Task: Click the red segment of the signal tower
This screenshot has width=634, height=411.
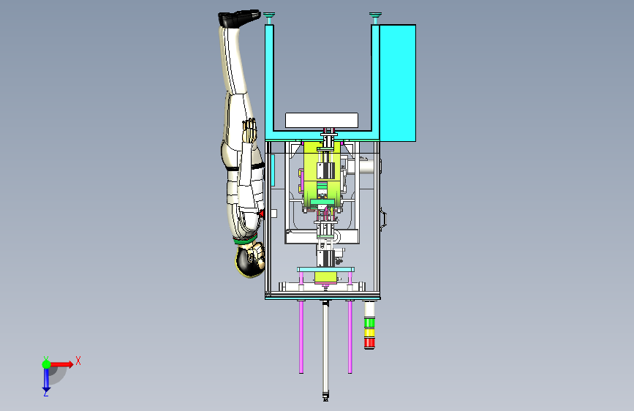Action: (x=369, y=343)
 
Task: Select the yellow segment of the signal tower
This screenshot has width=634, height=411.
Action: (x=369, y=333)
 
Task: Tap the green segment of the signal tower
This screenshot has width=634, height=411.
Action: (x=369, y=323)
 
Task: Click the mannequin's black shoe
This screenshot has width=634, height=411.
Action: (x=239, y=18)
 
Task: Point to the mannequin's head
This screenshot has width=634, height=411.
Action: (x=250, y=260)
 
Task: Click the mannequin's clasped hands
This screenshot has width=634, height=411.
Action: (x=250, y=129)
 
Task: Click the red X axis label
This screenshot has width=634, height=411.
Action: (x=78, y=361)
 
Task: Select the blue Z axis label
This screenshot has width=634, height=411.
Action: (x=45, y=393)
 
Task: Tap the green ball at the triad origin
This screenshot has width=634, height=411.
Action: (x=47, y=364)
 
